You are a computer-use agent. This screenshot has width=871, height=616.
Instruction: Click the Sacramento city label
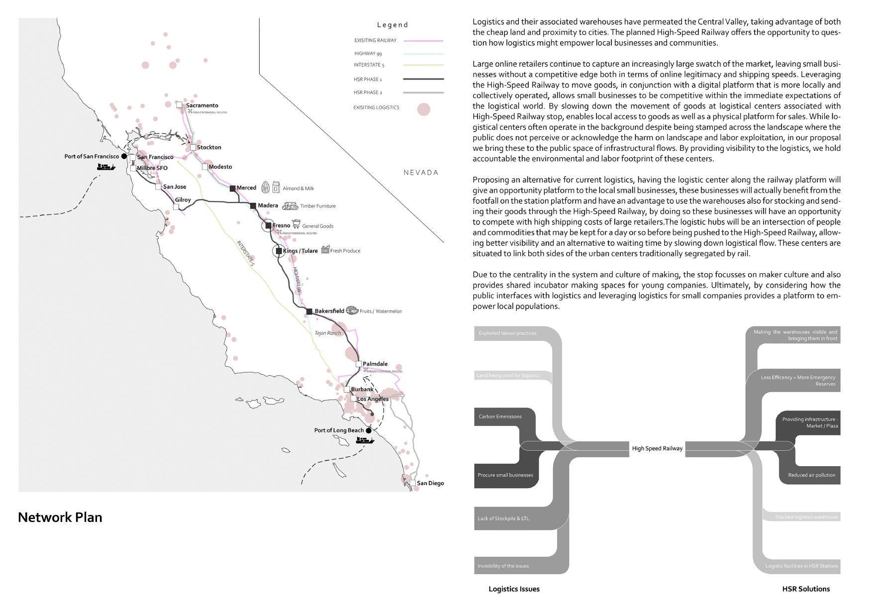coord(202,105)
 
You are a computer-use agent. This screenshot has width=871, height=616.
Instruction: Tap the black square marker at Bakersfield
coord(309,311)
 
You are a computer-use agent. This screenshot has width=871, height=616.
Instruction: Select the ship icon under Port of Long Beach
coord(365,440)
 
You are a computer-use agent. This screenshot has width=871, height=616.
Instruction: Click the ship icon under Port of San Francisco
coord(105,167)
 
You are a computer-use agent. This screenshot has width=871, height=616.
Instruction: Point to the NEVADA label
coord(421,173)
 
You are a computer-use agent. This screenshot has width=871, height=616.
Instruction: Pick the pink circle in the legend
coord(423,109)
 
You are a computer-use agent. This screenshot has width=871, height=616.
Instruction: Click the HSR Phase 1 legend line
coord(423,79)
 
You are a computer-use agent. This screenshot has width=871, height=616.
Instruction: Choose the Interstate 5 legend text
coord(369,65)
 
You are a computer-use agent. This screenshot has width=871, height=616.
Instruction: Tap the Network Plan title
coord(60,517)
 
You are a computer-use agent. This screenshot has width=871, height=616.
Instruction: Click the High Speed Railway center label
coord(657,448)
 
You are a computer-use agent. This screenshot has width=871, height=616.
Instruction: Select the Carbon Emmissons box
coord(500,416)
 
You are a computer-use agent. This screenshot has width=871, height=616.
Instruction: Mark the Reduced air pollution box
coord(811,475)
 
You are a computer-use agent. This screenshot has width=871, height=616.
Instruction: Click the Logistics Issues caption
coord(514,589)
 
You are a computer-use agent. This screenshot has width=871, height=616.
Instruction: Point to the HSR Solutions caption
coord(806,589)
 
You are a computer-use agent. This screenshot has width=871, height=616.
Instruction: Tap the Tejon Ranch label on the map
coord(328,333)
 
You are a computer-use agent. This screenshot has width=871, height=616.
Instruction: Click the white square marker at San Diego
coord(413,483)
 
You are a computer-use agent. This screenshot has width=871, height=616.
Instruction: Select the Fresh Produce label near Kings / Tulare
coord(345,251)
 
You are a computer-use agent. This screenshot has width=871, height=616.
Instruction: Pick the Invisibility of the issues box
coord(503,566)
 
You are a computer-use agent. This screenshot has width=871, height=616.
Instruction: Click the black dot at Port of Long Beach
coord(369,431)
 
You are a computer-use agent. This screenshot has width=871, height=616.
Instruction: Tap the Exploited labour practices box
coord(507,333)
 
